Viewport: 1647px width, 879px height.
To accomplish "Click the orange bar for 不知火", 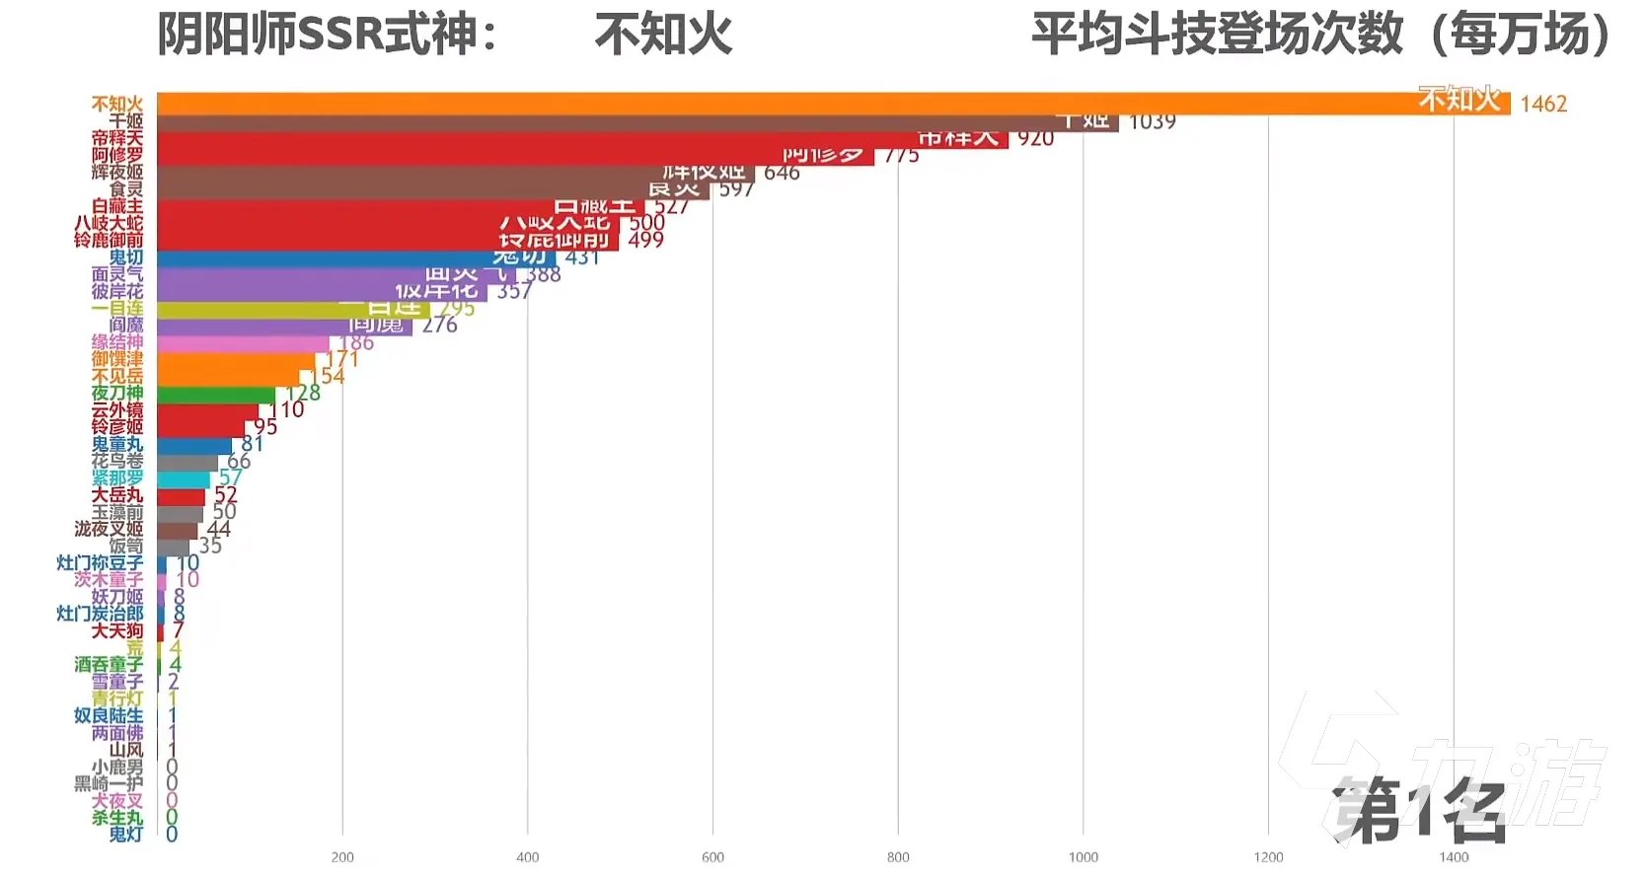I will tap(789, 104).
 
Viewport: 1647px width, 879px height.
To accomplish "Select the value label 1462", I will tap(1543, 104).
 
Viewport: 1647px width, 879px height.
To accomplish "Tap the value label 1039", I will tap(1152, 122).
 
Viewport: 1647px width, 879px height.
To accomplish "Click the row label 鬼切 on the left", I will tap(125, 257).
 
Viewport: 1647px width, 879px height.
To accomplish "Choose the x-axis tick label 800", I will tap(898, 856).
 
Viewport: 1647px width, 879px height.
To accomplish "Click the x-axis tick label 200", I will tap(342, 856).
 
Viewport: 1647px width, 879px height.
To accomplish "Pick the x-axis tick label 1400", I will tap(1454, 856).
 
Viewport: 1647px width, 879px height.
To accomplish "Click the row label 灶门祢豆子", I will tap(100, 563).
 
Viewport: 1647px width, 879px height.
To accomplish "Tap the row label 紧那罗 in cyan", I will tap(116, 477).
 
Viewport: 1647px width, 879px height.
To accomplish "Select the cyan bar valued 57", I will tap(183, 479).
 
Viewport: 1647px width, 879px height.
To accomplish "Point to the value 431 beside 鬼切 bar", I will tap(582, 257).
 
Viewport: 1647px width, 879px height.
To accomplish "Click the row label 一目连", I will tap(116, 309).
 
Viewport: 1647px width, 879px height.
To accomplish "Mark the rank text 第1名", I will tap(1418, 811).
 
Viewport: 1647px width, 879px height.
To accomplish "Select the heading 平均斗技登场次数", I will tap(1217, 36).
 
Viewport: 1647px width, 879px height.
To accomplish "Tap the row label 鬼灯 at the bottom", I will tap(125, 835).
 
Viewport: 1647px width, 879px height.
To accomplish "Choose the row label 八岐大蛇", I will tap(109, 224).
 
